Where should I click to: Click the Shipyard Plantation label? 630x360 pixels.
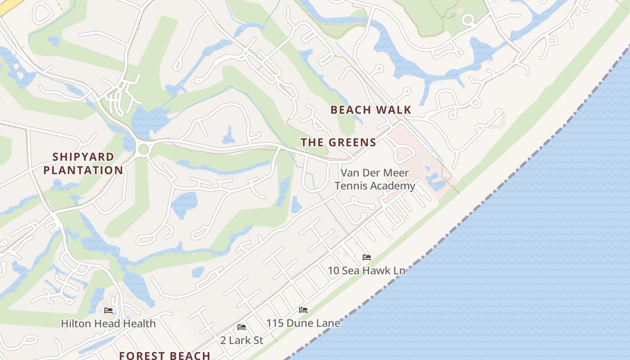pyautogui.click(x=83, y=163)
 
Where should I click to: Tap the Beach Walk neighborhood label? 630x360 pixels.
pyautogui.click(x=371, y=110)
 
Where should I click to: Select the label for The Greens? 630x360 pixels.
pyautogui.click(x=338, y=143)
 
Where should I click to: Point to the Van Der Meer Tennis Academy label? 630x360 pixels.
pyautogui.click(x=375, y=179)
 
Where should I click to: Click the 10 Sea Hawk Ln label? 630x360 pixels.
pyautogui.click(x=366, y=270)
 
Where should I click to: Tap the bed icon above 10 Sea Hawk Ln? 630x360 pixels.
pyautogui.click(x=367, y=257)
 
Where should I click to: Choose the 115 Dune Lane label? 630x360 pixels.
pyautogui.click(x=303, y=323)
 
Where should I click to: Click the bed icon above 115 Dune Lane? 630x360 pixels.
pyautogui.click(x=303, y=310)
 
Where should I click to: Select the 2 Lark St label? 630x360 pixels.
pyautogui.click(x=242, y=340)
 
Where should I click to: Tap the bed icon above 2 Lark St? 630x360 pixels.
pyautogui.click(x=242, y=327)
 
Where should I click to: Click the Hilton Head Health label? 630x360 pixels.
pyautogui.click(x=108, y=323)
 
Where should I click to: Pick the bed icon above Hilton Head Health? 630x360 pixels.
pyautogui.click(x=108, y=310)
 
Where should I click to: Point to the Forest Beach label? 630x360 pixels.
pyautogui.click(x=165, y=355)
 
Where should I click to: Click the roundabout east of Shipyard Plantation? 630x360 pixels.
pyautogui.click(x=144, y=149)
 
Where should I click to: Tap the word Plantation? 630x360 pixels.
pyautogui.click(x=83, y=170)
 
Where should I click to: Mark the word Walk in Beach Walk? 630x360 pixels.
pyautogui.click(x=394, y=110)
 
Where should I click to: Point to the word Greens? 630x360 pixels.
pyautogui.click(x=354, y=143)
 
